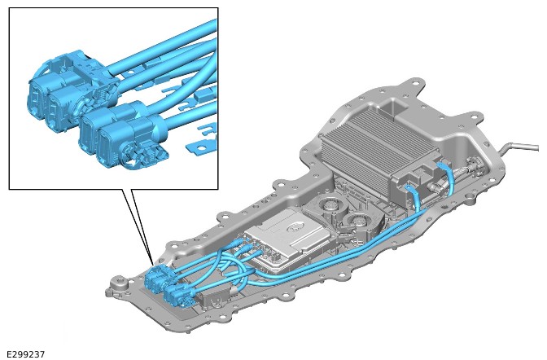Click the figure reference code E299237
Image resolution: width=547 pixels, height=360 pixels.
pos(26,354)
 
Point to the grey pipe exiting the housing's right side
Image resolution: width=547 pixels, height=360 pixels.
pos(520,147)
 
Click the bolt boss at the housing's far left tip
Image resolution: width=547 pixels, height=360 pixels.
pos(118,281)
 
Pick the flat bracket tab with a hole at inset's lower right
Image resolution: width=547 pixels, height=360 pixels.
pos(197,147)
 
